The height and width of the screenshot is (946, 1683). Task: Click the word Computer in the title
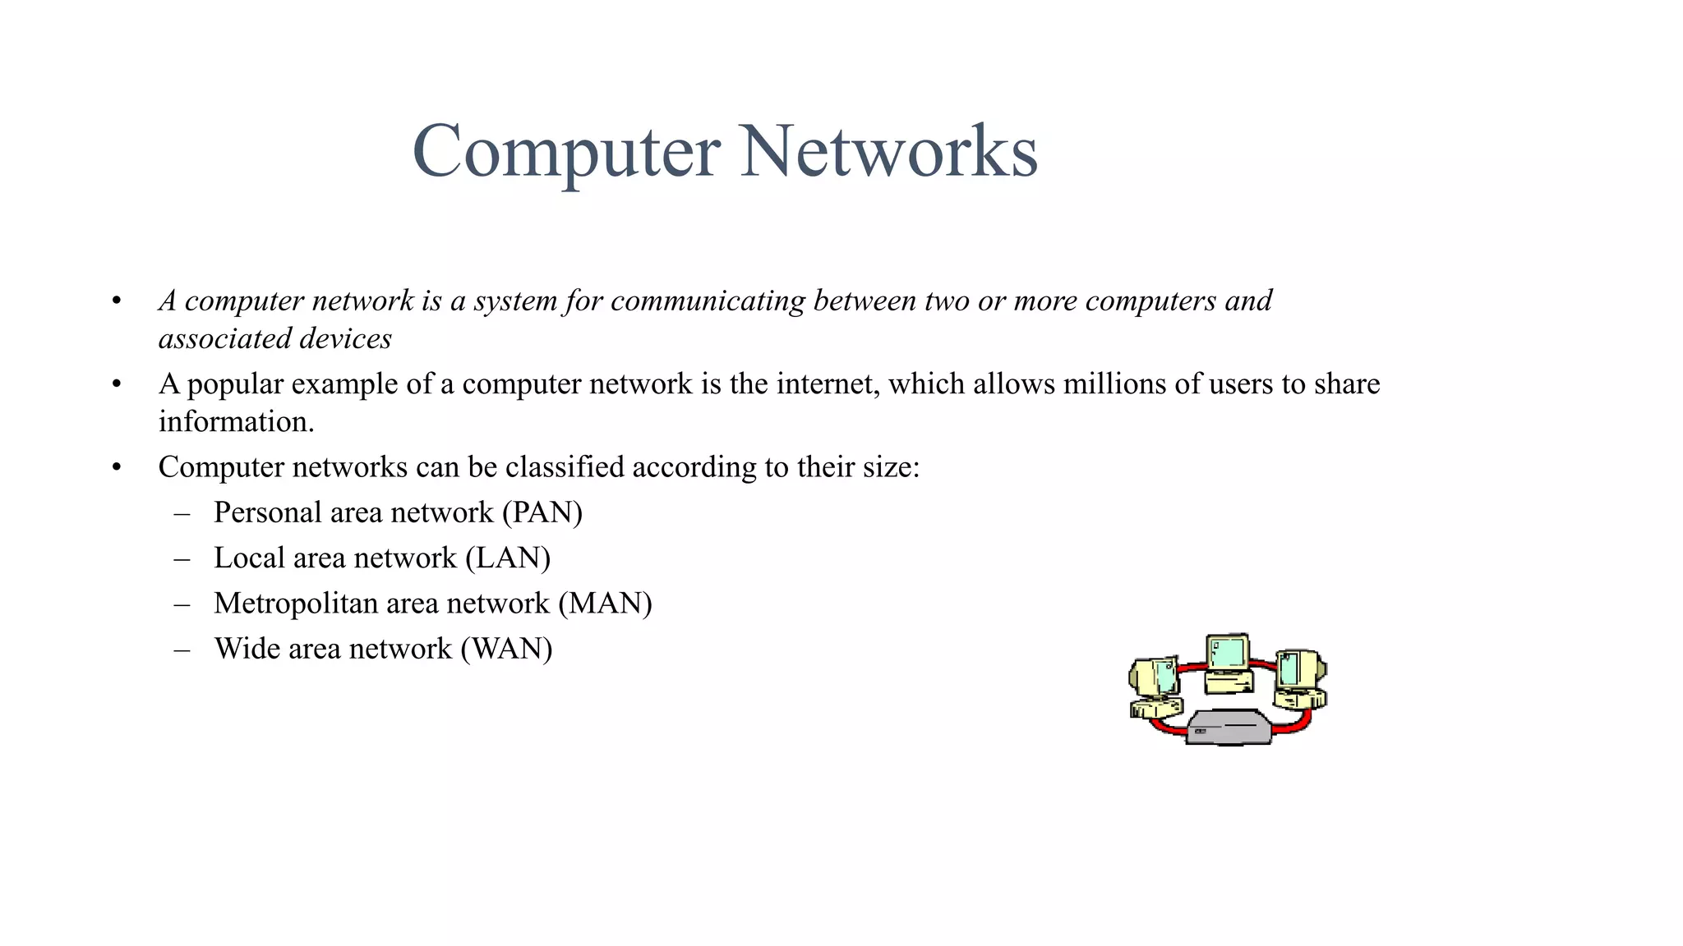tap(566, 152)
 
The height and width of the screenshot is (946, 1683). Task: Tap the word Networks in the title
tap(888, 152)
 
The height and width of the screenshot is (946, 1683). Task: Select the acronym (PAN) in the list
tap(542, 513)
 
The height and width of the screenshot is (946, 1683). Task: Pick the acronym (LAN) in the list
tap(508, 558)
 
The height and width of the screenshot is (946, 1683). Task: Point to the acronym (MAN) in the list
tap(605, 604)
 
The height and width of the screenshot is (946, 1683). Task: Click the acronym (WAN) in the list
tap(506, 649)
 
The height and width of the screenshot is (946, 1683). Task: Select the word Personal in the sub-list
tap(267, 513)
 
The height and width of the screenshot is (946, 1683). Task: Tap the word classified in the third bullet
tap(565, 467)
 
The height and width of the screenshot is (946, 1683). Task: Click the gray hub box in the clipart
tap(1229, 728)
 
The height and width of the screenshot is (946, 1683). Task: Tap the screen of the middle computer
tap(1229, 652)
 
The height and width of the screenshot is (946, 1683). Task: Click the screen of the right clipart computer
tap(1289, 668)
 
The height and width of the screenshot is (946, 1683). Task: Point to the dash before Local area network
tap(182, 559)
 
